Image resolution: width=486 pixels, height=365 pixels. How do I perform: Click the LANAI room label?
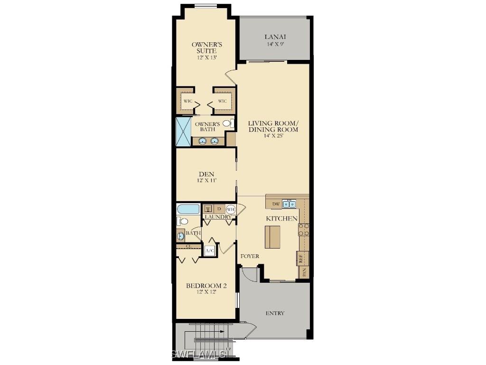point(275,37)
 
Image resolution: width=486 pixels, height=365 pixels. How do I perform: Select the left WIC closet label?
point(188,101)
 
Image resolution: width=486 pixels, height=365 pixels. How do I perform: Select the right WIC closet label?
point(223,101)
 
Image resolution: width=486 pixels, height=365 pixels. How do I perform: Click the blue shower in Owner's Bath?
point(183,131)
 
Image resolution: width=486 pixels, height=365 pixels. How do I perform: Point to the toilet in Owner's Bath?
point(227,124)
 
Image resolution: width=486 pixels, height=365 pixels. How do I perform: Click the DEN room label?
point(206,174)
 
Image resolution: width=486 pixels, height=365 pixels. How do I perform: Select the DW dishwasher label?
point(276,204)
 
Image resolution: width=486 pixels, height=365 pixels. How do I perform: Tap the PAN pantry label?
point(304,272)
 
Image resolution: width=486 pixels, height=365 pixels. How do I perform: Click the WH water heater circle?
point(231,209)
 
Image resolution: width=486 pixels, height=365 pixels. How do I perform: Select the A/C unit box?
point(209,250)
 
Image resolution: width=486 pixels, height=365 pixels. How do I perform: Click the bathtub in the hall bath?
point(188,209)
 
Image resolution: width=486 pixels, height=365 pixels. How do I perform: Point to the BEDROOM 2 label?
point(206,286)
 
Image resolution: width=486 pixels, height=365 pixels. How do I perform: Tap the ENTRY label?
point(275,313)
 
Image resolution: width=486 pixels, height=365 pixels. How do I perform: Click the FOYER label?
point(250,256)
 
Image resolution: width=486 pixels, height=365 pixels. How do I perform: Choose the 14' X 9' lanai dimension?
point(275,44)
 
